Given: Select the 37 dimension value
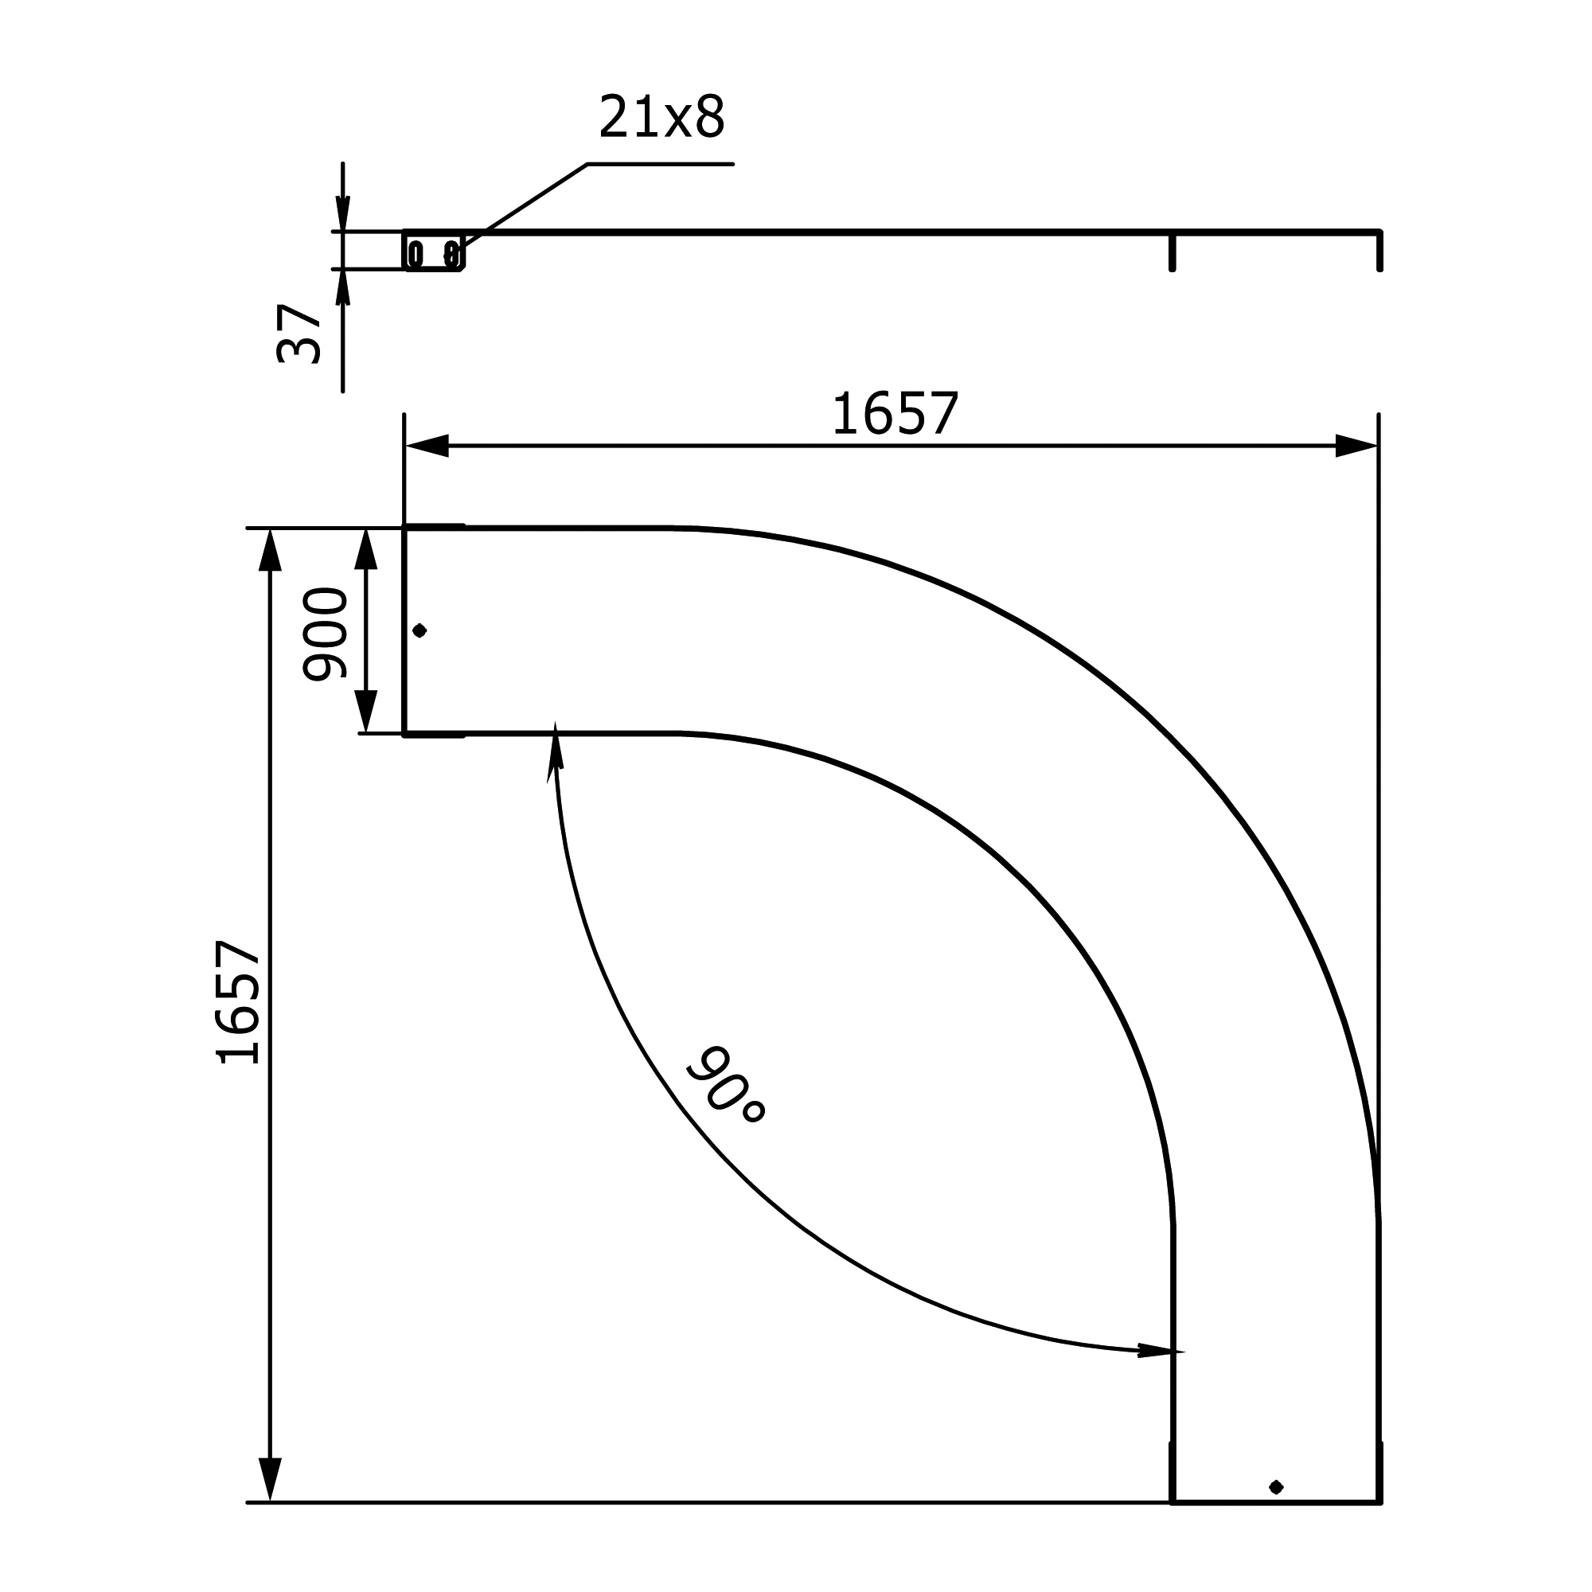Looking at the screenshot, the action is coord(298,333).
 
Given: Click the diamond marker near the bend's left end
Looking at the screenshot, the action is coord(419,630).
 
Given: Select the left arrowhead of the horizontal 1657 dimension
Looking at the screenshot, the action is coord(427,446).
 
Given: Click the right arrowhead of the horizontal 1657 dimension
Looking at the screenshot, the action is coord(1356,446).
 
